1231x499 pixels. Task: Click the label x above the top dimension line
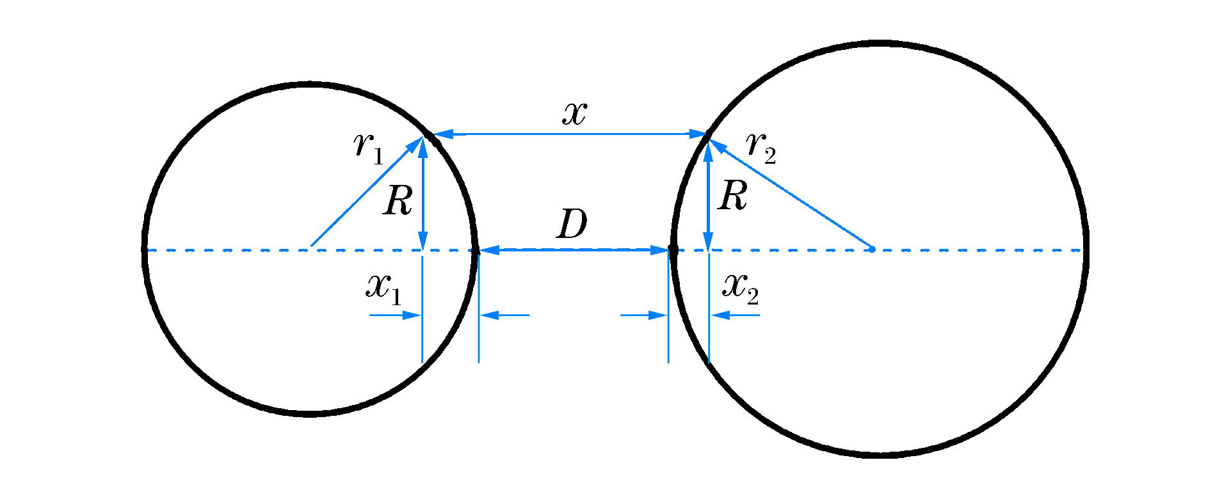(574, 113)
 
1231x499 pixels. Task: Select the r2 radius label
(761, 147)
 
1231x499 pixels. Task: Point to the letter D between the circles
(572, 225)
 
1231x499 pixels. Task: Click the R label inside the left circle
(398, 202)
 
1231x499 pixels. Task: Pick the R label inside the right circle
(733, 196)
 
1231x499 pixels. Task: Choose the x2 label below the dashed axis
(740, 289)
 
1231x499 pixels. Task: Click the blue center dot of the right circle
(871, 249)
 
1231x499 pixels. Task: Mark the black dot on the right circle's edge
(672, 248)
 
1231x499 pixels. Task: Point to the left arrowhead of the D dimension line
(489, 250)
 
